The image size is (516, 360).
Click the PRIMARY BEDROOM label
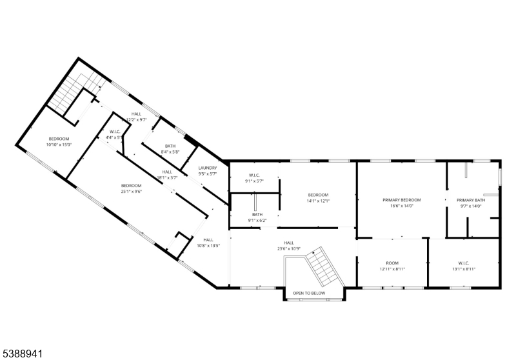[401, 200]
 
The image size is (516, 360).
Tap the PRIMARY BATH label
[471, 200]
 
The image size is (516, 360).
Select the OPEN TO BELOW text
[309, 294]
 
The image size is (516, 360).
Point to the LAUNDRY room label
[208, 168]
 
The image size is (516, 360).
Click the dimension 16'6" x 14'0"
[401, 206]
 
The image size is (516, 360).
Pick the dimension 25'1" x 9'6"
[131, 191]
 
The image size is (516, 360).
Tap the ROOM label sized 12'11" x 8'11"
[393, 263]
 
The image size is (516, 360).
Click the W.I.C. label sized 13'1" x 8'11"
[463, 263]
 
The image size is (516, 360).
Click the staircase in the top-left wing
[68, 94]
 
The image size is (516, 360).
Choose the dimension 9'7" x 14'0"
[471, 206]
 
